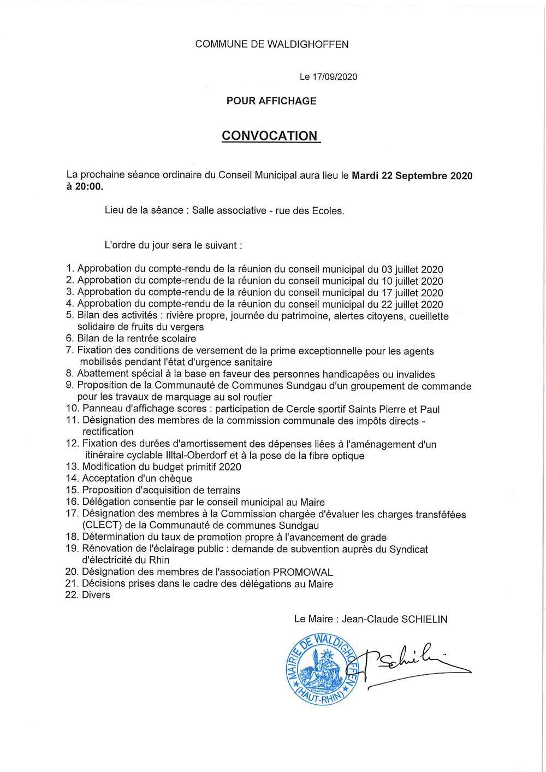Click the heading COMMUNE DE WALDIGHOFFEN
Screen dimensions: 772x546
click(x=271, y=44)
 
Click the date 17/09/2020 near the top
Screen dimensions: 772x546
click(x=335, y=77)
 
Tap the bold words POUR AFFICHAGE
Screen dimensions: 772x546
click(x=271, y=101)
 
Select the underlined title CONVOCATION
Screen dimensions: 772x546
click(x=270, y=136)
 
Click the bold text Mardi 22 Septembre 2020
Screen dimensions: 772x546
click(x=412, y=175)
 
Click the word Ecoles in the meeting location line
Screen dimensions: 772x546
click(x=328, y=211)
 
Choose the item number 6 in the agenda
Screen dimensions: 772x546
click(x=69, y=339)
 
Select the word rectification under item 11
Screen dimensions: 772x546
click(x=108, y=432)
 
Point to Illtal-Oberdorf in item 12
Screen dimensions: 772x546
click(x=197, y=456)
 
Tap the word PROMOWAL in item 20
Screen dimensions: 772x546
click(x=302, y=572)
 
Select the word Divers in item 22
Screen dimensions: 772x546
click(x=96, y=595)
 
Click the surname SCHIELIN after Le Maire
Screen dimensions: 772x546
click(x=424, y=620)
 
